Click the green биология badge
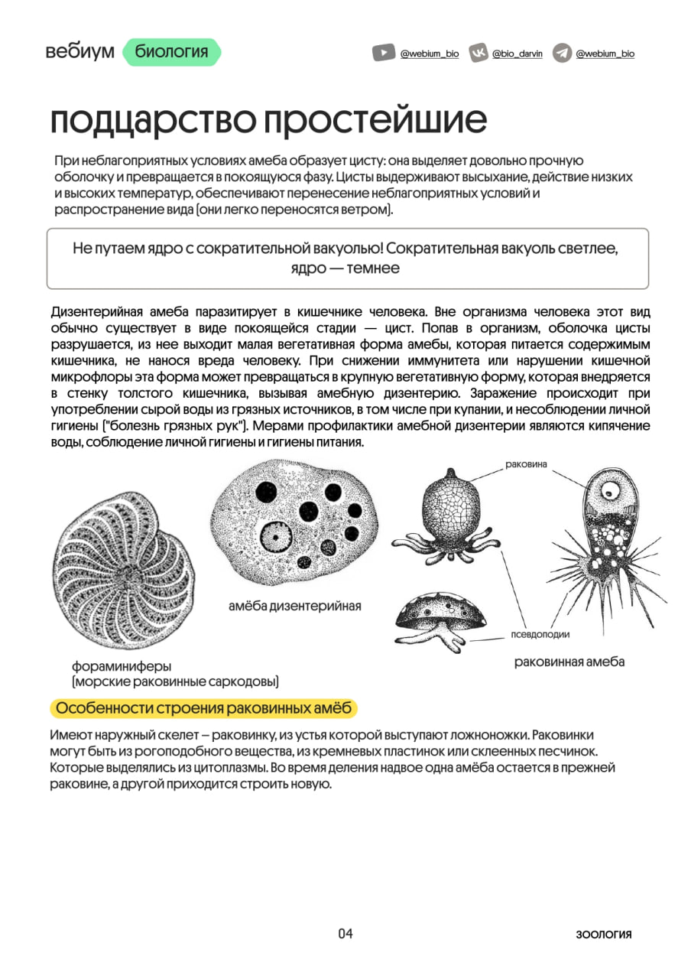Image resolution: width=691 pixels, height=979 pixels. pyautogui.click(x=171, y=52)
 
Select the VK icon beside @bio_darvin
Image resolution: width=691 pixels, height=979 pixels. pyautogui.click(x=479, y=54)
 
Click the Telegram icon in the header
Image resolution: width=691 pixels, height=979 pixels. pyautogui.click(x=562, y=54)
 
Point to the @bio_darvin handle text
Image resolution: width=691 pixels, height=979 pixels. pyautogui.click(x=517, y=54)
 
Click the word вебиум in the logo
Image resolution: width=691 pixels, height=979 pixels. pyautogui.click(x=79, y=52)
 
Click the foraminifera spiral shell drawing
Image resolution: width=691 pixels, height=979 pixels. pyautogui.click(x=124, y=570)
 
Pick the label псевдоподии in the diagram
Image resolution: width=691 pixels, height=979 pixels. pyautogui.click(x=540, y=634)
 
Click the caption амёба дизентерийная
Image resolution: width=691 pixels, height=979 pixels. pyautogui.click(x=294, y=607)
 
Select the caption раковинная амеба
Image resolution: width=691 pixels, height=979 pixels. pyautogui.click(x=569, y=662)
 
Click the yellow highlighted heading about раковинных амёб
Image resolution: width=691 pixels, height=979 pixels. pyautogui.click(x=204, y=708)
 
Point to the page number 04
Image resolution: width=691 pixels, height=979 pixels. pyautogui.click(x=345, y=933)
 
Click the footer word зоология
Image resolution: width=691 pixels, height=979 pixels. pyautogui.click(x=604, y=934)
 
